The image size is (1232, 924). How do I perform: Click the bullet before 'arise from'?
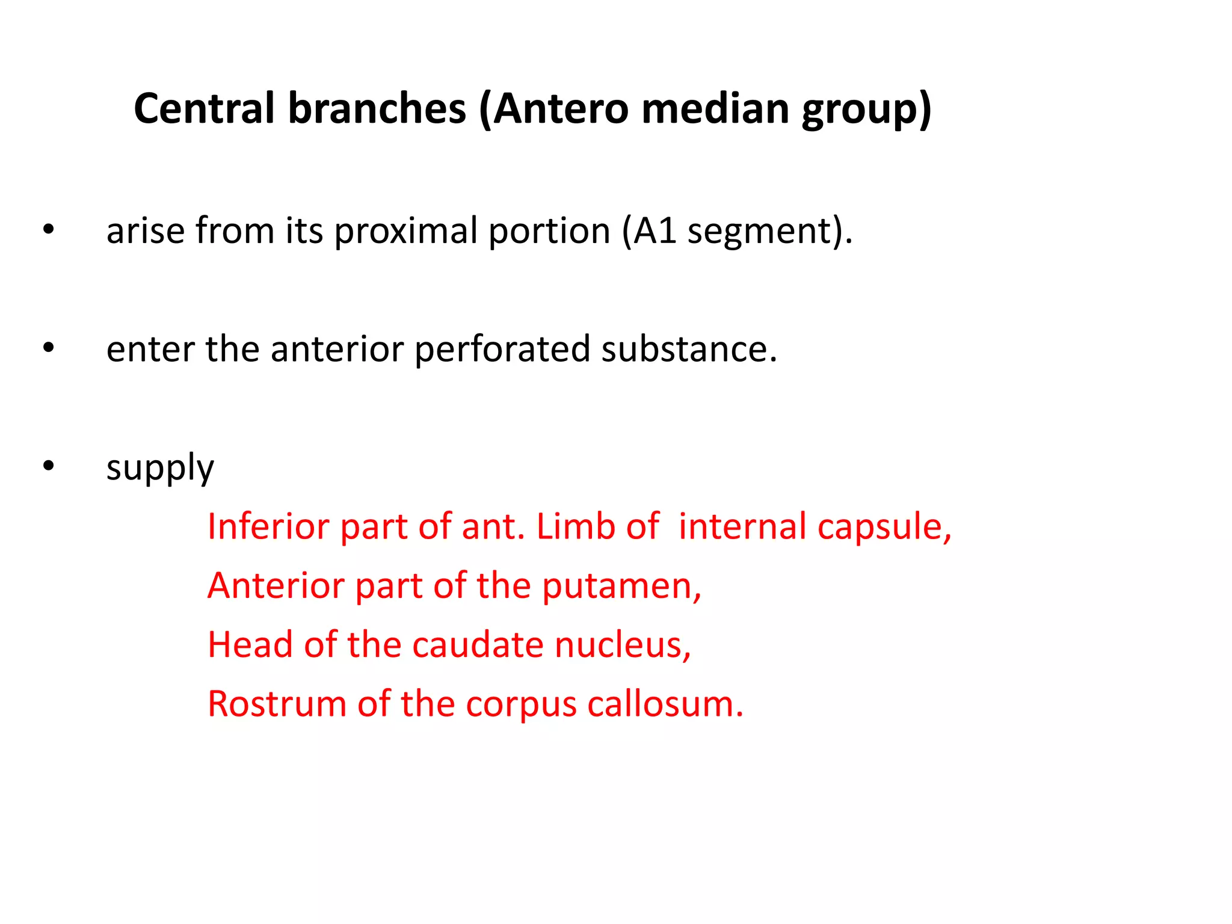[49, 230]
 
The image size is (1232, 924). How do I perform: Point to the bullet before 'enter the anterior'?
[49, 348]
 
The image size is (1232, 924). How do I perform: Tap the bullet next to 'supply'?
[49, 466]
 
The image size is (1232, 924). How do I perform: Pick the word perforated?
[502, 350]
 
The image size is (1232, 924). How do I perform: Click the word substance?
[689, 349]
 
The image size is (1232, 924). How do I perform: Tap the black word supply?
[160, 469]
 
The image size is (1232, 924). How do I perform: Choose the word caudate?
[478, 644]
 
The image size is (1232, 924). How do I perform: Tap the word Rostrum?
[277, 704]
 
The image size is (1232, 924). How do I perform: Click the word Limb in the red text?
[575, 526]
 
